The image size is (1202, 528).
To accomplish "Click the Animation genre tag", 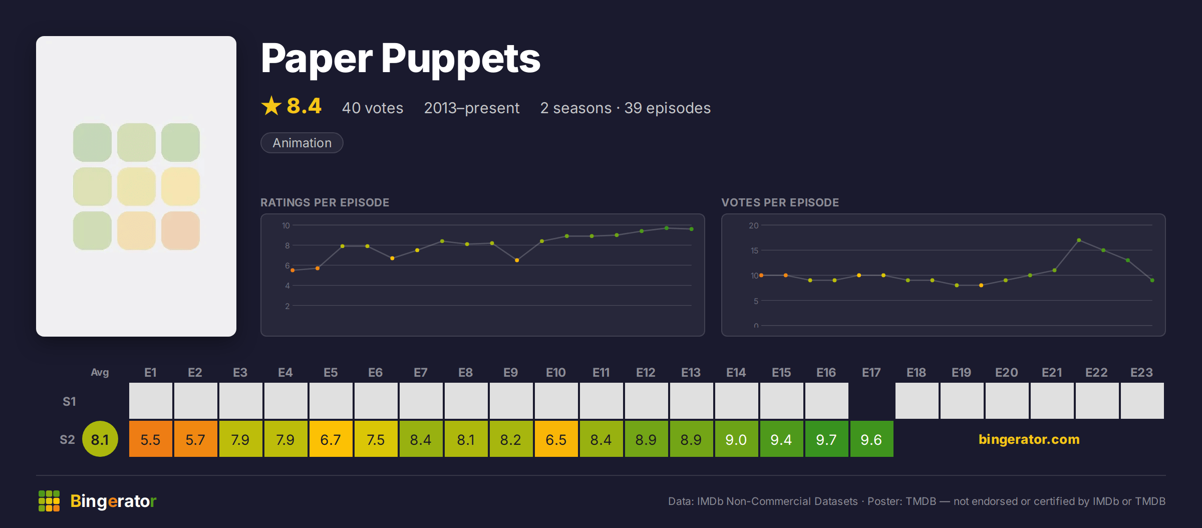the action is tap(302, 143).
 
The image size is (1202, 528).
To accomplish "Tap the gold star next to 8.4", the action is tap(271, 106).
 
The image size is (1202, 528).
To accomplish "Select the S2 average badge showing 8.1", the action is tap(100, 439).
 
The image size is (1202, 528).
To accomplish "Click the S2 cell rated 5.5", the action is tap(151, 439).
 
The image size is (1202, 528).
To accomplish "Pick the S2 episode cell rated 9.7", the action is tap(827, 439).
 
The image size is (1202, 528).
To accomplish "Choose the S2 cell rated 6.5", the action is tap(556, 439).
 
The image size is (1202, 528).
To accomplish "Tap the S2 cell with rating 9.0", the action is tap(737, 439).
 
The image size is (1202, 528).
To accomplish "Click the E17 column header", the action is tap(871, 373).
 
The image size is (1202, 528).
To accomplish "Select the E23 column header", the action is tap(1142, 373).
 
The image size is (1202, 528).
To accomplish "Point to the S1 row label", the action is tap(69, 401).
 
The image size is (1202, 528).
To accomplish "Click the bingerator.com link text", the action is tap(1029, 439).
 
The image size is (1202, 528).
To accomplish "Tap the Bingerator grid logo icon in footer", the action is tap(49, 501).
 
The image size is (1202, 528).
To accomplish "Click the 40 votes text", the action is tap(373, 108).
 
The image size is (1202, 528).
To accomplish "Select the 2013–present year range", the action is tap(472, 108).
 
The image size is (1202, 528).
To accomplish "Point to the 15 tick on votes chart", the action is tap(754, 250).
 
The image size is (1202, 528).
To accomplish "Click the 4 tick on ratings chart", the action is tap(287, 286).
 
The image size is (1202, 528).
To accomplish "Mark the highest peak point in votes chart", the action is tap(1079, 240).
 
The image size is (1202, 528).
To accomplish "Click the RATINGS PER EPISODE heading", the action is tap(325, 202).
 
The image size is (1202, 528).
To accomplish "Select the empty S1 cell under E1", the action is tap(151, 401).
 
